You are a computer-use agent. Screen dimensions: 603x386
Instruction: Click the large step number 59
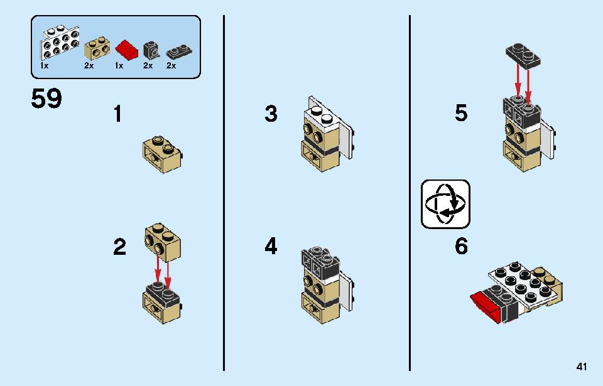[46, 99]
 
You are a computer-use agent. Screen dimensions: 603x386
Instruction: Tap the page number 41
[582, 367]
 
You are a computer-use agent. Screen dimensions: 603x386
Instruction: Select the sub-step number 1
[117, 114]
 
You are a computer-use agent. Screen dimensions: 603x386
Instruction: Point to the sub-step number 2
[119, 247]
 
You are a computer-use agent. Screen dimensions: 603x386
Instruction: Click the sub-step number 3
[271, 114]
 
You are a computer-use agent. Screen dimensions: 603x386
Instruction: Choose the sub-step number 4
[271, 247]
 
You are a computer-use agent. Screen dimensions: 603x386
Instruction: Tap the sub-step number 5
[460, 113]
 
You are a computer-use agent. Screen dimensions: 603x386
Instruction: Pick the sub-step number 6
[461, 246]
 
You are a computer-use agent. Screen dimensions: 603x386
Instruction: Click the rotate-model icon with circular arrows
[445, 204]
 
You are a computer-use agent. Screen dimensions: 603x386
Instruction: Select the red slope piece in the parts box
[126, 50]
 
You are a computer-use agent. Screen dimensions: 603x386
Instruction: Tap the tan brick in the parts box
[97, 48]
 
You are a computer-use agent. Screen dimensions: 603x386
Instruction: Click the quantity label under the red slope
[119, 66]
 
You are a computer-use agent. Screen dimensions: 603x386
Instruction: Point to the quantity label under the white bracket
[44, 66]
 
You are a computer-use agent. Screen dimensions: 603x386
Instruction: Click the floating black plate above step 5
[523, 56]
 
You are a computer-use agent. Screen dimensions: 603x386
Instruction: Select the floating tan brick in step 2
[163, 242]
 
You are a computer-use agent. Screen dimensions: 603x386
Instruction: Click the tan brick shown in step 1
[162, 154]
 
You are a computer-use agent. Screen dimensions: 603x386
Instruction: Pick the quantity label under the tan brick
[89, 66]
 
